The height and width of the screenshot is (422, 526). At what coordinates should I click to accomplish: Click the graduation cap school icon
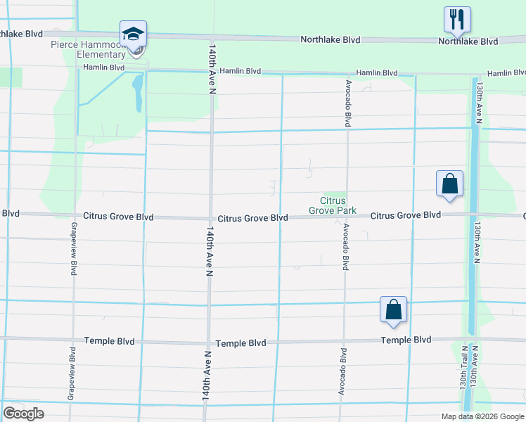[x=133, y=34]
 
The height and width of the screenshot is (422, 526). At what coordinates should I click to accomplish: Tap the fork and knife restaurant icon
[x=457, y=20]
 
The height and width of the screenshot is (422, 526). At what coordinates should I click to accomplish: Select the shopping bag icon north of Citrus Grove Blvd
[x=449, y=185]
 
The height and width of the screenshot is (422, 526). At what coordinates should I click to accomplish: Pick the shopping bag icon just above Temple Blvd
[x=393, y=309]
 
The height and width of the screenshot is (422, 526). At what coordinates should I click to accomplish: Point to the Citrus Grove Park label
[x=333, y=205]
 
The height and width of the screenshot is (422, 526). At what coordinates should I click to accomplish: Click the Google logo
[x=23, y=414]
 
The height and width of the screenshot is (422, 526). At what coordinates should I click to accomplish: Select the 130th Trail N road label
[x=464, y=368]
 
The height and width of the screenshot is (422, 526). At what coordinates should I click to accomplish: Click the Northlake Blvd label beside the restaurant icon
[x=468, y=41]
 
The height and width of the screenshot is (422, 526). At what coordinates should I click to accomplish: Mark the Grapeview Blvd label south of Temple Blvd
[x=72, y=373]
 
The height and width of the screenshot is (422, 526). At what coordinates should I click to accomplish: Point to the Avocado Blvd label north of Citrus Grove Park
[x=347, y=103]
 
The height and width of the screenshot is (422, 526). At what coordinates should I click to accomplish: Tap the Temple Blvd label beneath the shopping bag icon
[x=406, y=340]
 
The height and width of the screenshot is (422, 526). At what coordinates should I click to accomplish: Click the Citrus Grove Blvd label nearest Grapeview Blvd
[x=118, y=217]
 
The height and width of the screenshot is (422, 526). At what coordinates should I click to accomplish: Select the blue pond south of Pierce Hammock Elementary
[x=137, y=93]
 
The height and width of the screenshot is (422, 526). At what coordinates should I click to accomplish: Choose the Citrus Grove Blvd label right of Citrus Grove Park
[x=405, y=215]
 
